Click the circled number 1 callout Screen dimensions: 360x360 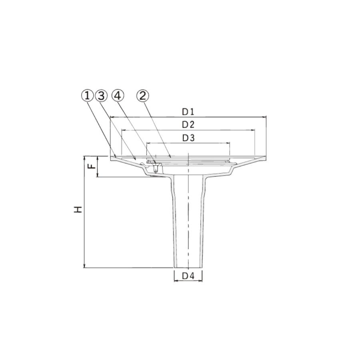click(87, 96)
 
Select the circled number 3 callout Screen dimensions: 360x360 click(101, 96)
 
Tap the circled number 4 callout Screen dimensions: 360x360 click(118, 96)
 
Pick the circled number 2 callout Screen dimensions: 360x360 click(142, 96)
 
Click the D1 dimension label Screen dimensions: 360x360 click(188, 112)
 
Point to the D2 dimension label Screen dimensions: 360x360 click(188, 125)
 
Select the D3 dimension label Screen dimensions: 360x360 click(188, 138)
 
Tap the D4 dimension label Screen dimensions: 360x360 click(188, 276)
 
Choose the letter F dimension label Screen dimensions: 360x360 click(92, 166)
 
